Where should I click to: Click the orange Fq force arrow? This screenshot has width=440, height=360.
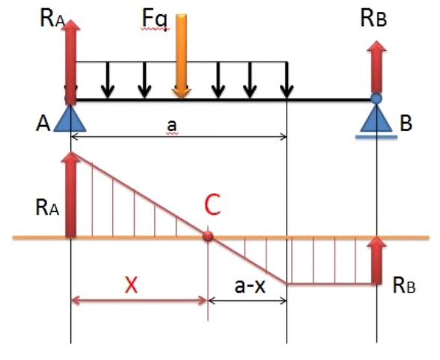(181, 56)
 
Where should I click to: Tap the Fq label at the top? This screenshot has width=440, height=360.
(155, 19)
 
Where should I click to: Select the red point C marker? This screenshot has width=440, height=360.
(208, 237)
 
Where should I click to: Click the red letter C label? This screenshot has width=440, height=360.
(213, 204)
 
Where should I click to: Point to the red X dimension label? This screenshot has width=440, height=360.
(132, 284)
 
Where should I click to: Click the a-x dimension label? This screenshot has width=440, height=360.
(250, 286)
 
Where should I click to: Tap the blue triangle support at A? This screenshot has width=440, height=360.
(70, 118)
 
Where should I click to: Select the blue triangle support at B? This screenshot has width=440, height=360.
(376, 118)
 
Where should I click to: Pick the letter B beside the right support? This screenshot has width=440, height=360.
(406, 123)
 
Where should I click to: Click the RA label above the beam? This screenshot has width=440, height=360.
(52, 19)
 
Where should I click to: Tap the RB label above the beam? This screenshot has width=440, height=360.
(373, 19)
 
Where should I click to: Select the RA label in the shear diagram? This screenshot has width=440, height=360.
(47, 207)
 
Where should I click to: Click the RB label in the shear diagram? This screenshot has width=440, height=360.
(404, 285)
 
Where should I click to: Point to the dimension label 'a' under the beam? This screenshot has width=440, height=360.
(172, 126)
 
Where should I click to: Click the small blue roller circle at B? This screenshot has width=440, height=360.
(376, 98)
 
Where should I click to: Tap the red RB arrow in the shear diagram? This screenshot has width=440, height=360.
(376, 260)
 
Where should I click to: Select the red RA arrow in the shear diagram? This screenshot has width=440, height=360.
(70, 195)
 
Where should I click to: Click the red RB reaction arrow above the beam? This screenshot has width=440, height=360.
(376, 67)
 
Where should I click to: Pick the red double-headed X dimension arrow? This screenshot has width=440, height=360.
(139, 301)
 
